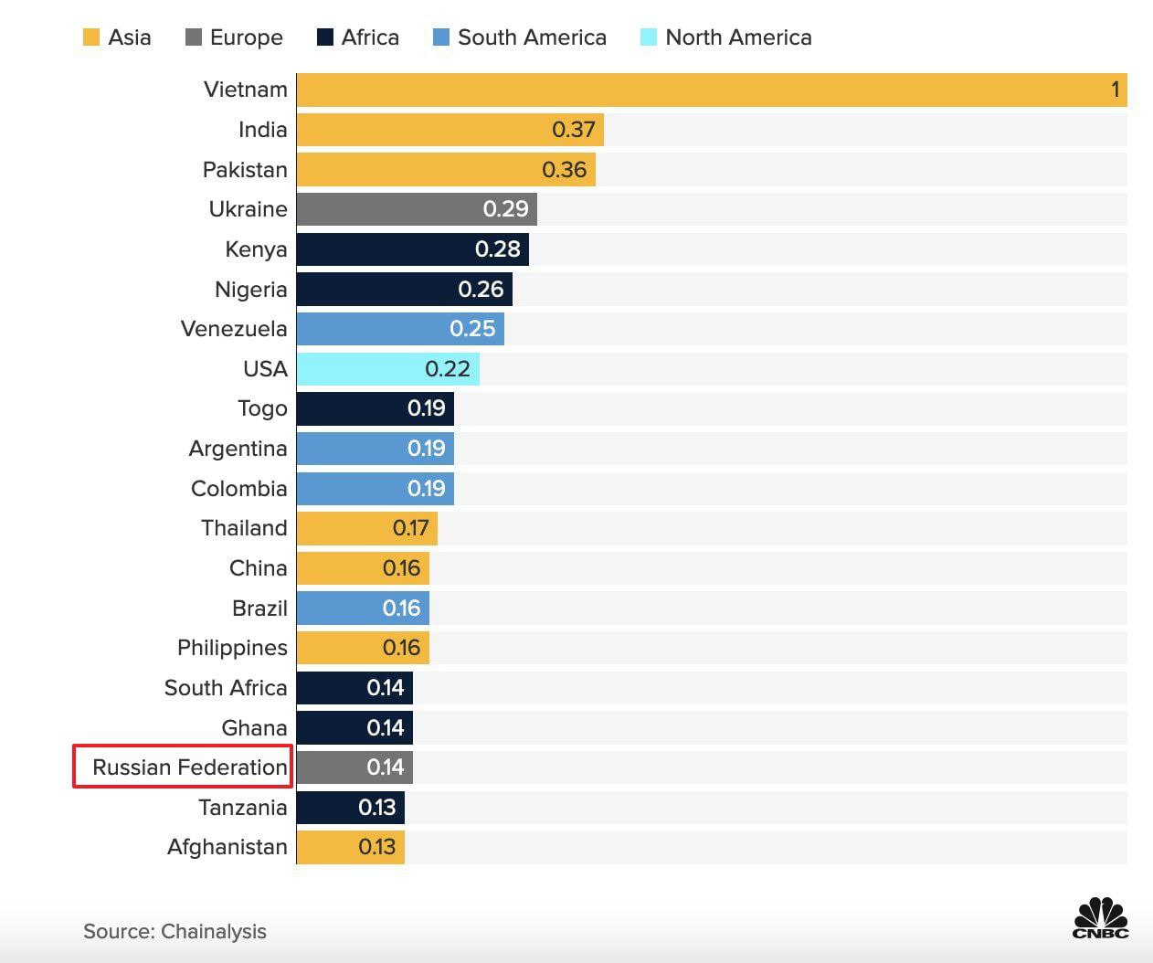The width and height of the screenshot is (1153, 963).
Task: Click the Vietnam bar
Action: [711, 90]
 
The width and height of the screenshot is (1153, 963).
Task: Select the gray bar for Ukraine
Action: [417, 209]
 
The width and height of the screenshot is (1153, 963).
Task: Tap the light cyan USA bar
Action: [387, 369]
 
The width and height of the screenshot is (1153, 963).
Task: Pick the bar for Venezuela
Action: [400, 329]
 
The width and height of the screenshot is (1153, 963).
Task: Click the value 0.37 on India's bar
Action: [574, 130]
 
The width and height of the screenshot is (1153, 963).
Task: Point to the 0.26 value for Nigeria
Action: [481, 290]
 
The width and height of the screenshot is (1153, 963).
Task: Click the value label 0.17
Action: [410, 528]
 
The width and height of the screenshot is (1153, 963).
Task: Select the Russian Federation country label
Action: [190, 767]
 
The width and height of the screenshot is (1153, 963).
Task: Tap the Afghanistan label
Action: [227, 847]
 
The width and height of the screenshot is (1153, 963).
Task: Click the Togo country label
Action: [262, 408]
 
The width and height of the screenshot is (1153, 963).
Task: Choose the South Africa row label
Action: [226, 688]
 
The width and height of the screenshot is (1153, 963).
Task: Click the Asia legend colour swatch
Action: [91, 37]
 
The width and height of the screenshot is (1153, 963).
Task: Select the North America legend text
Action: [738, 37]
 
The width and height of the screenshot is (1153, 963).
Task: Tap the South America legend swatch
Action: [441, 37]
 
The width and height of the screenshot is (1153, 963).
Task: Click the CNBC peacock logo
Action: [1101, 917]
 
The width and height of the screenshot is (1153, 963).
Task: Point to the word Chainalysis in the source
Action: [214, 931]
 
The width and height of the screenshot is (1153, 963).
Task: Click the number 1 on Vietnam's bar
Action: [1115, 90]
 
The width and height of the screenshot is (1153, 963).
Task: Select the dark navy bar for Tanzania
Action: [350, 808]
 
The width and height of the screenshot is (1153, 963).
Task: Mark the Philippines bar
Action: [363, 648]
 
